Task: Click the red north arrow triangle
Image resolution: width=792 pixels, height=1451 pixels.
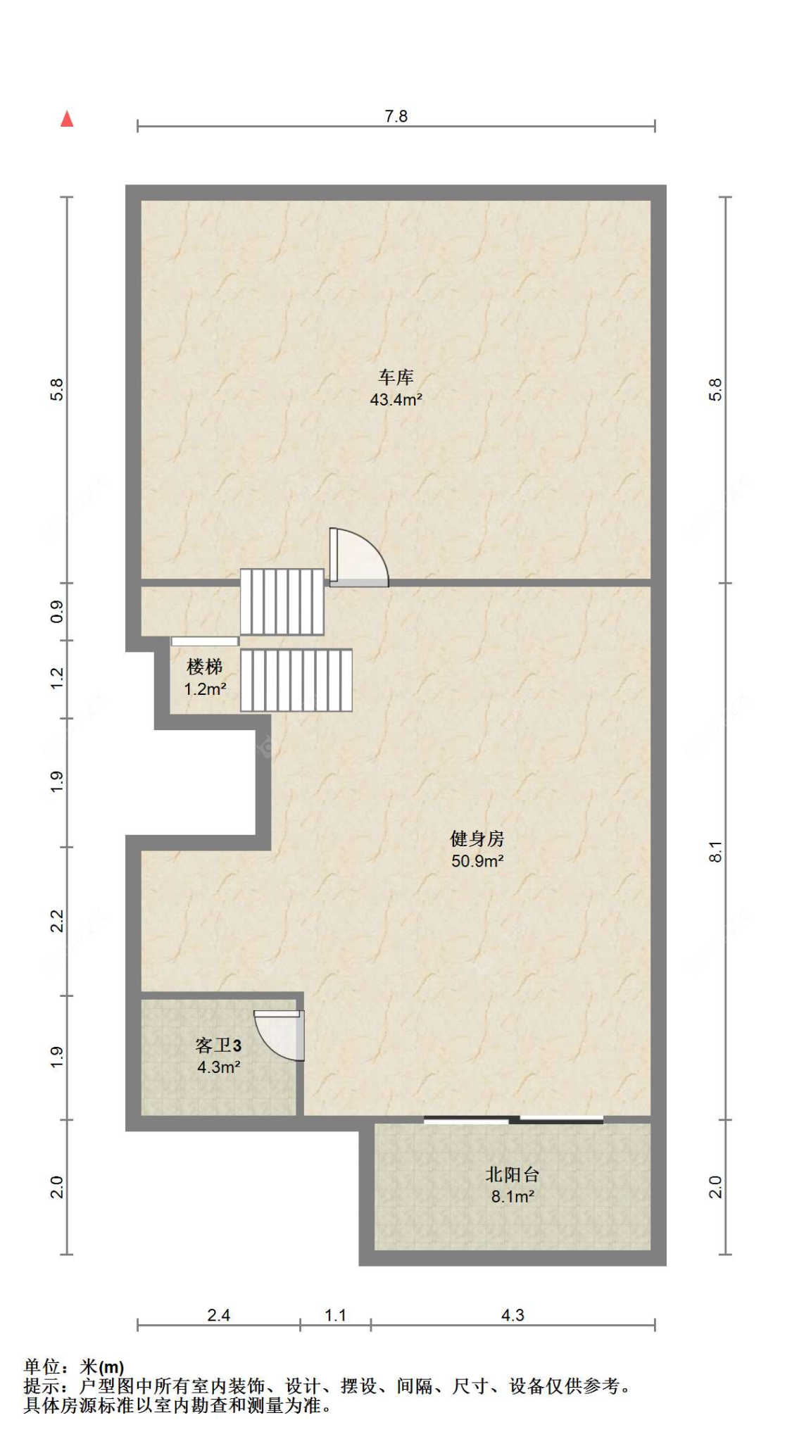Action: (67, 119)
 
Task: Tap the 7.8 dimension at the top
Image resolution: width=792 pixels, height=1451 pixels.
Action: (396, 116)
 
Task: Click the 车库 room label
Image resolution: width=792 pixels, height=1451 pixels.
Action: (396, 377)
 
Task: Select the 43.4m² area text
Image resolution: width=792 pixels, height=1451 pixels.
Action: (396, 400)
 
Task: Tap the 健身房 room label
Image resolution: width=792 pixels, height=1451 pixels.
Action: (477, 838)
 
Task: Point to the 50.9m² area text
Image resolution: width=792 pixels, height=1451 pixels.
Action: (477, 861)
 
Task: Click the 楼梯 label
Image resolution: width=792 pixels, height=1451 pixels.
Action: (205, 666)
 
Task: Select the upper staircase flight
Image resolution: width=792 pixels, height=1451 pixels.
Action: (282, 602)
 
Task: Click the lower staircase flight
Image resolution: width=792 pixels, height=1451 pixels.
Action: (296, 680)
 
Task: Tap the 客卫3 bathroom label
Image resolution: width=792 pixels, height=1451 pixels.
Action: (219, 1045)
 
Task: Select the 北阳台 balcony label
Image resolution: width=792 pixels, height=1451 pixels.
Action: (513, 1174)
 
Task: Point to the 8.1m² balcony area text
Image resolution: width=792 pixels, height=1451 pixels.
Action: (513, 1197)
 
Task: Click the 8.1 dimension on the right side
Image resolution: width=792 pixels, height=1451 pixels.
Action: (715, 852)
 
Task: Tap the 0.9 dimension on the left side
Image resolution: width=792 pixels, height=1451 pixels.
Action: (57, 612)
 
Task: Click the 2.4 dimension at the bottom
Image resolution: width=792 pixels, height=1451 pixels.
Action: (219, 1315)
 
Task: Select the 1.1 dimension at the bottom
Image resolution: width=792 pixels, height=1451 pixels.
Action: (336, 1315)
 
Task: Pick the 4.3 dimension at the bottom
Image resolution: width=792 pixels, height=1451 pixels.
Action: (513, 1315)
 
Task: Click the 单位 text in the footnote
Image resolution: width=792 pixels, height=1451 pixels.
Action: (42, 1367)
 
